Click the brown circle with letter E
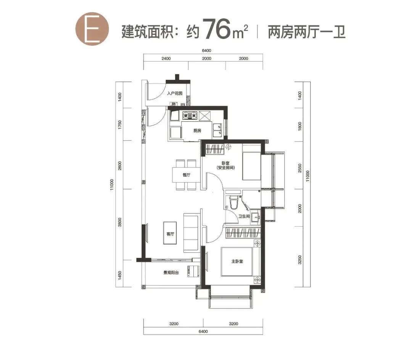92,28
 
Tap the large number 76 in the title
217,29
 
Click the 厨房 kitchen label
197,131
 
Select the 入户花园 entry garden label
175,94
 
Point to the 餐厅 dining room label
187,175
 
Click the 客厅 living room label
170,234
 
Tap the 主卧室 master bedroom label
237,262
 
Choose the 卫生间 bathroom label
244,216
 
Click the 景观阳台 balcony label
171,273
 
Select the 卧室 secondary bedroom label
225,163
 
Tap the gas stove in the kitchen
190,115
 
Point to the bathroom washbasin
255,217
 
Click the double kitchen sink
217,131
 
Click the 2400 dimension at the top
166,59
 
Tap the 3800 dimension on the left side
120,222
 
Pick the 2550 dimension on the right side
300,168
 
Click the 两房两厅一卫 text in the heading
306,32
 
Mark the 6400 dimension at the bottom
203,332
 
